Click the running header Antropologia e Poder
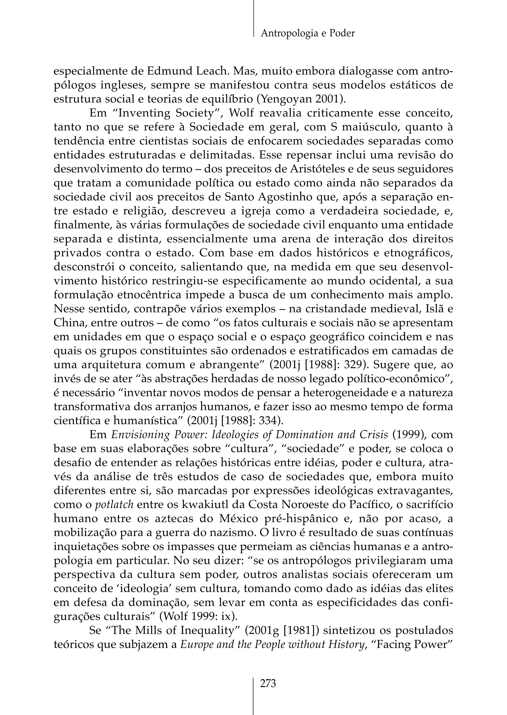point(307,33)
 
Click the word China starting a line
point(67,323)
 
